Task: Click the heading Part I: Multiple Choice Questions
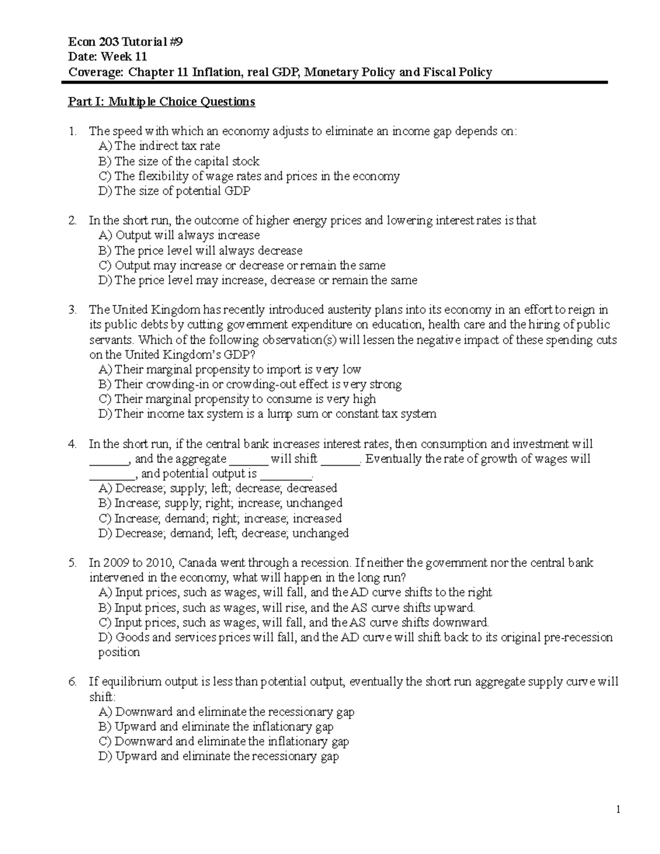click(161, 102)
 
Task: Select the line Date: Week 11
click(107, 57)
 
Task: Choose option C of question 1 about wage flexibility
click(249, 176)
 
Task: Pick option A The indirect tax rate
click(159, 146)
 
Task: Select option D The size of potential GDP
click(174, 191)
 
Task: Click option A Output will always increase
click(179, 235)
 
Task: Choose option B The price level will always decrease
click(200, 251)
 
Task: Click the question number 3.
click(72, 310)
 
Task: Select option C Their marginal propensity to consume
click(237, 399)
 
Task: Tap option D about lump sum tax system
click(267, 414)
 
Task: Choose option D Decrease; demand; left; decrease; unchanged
click(223, 533)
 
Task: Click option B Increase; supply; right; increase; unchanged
click(220, 503)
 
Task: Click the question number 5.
click(72, 563)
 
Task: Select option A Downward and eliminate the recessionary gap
click(226, 712)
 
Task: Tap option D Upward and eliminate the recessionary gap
click(218, 756)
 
